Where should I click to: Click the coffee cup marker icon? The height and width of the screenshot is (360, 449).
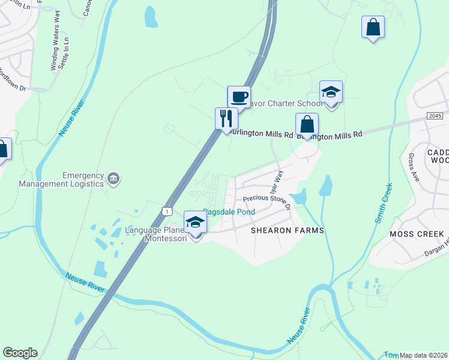(x=238, y=97)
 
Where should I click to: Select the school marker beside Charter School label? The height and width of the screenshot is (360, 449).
(x=330, y=92)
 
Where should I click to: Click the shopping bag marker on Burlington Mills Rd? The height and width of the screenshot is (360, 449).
(x=307, y=124)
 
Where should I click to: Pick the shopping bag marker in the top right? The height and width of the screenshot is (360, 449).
(x=373, y=27)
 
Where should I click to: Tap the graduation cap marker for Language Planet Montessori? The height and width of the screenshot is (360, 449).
(x=194, y=223)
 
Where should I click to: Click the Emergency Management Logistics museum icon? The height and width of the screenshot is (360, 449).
(x=113, y=178)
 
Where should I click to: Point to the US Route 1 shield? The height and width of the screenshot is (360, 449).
(x=167, y=210)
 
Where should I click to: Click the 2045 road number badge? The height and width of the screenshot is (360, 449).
(x=435, y=115)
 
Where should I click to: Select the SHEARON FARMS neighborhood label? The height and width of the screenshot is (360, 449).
(x=287, y=230)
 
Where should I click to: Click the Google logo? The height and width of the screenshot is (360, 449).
(x=20, y=353)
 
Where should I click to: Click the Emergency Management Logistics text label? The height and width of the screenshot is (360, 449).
(x=61, y=179)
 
